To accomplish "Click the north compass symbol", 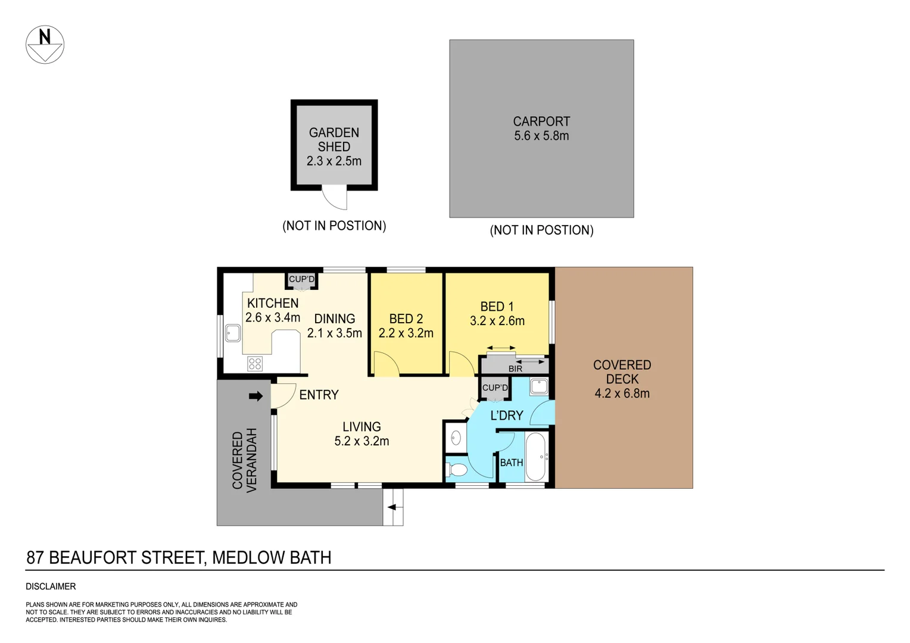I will [45, 45].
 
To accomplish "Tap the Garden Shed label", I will [334, 139].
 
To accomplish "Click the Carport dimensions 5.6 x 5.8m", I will [541, 136].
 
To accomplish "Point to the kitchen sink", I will [233, 333].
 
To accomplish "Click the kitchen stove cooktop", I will [255, 363].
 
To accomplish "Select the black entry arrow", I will [255, 396].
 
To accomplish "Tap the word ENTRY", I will [319, 395].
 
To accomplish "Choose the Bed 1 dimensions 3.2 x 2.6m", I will [497, 321].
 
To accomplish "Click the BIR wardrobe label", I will [515, 369].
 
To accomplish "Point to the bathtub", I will [536, 457].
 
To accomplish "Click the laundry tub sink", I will [539, 386].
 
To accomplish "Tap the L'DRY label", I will [506, 416].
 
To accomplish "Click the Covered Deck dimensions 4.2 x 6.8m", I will [622, 394].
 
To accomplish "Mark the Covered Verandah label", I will [244, 460].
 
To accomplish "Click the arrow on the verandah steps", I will [392, 507].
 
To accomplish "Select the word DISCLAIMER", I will [51, 586].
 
